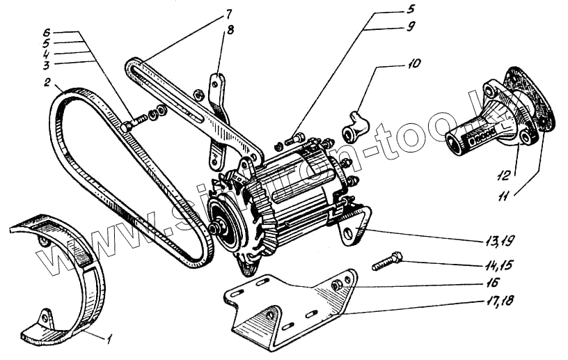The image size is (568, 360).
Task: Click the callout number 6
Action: [x=47, y=32]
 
